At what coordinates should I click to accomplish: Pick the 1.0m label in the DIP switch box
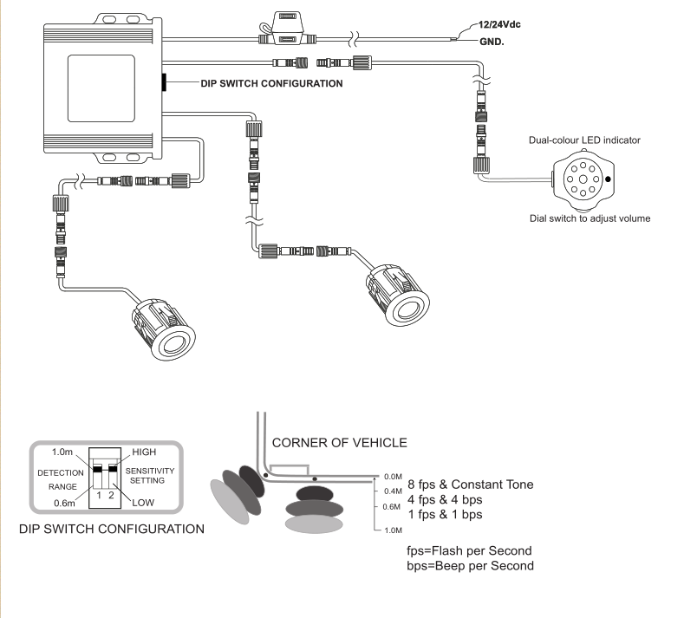pyautogui.click(x=62, y=451)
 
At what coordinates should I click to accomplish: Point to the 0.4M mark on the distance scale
pyautogui.click(x=391, y=491)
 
